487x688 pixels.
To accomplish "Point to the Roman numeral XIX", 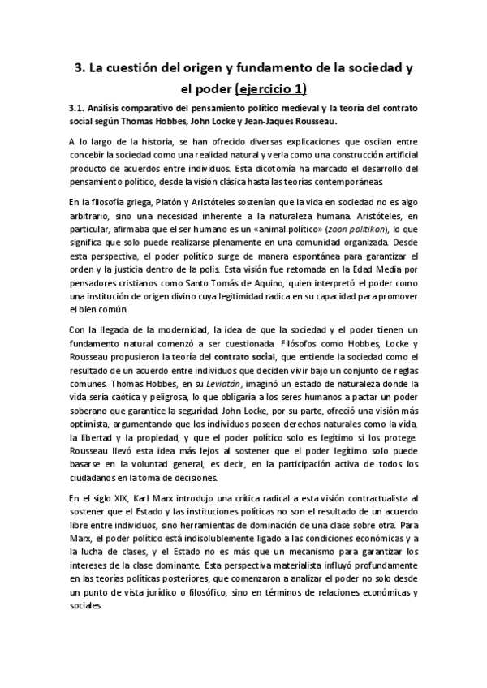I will pyautogui.click(x=119, y=496).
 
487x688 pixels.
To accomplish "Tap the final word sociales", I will pyautogui.click(x=84, y=606).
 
